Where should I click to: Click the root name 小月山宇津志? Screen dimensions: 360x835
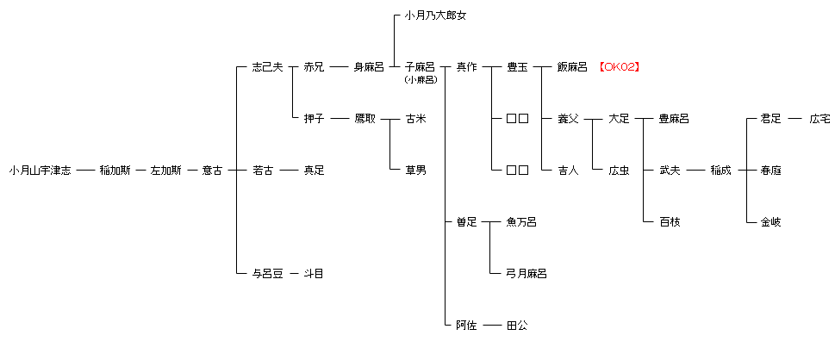point(41,171)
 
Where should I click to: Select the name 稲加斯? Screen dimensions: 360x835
point(115,171)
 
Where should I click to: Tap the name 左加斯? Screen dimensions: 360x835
point(165,171)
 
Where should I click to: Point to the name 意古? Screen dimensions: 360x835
point(212,171)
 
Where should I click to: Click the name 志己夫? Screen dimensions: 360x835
point(267,67)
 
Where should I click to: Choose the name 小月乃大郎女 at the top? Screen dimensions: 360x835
point(435,16)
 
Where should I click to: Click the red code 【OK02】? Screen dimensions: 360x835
point(619,67)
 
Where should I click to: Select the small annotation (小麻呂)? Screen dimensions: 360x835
point(420,80)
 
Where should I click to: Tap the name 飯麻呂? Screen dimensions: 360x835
point(572,67)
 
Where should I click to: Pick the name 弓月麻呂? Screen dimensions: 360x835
point(527,274)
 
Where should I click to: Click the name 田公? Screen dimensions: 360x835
point(517,326)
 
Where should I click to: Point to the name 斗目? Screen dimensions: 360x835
point(314,274)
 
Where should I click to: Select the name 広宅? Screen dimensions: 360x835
point(819,119)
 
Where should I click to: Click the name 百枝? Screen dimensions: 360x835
point(670,222)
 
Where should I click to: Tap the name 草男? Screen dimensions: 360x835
point(415,171)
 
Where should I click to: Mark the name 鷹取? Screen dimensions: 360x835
point(365,119)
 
